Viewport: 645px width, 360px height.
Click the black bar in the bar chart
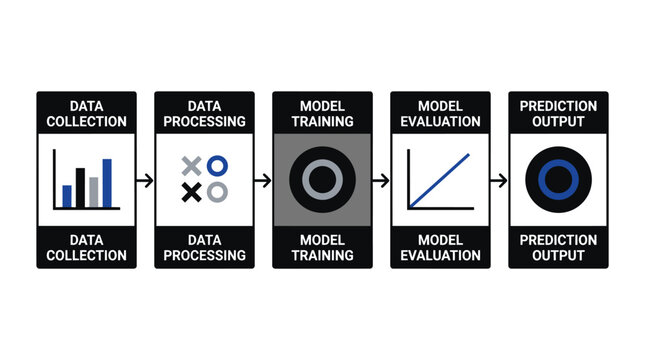81,187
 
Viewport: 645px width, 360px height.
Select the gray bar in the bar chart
94,192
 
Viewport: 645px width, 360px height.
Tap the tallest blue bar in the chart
107,182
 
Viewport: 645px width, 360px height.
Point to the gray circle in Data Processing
217,191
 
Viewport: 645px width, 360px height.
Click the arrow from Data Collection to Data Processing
145,180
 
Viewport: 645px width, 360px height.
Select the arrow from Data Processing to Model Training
263,180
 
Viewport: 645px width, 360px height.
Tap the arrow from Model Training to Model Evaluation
381,180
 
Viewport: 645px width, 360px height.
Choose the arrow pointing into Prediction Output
499,180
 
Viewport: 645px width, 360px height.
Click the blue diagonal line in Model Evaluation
441,178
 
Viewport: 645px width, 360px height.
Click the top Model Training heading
322,113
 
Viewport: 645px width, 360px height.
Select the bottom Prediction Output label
558,247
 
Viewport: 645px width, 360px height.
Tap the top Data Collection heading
86,113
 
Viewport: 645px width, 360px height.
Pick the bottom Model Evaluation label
440,247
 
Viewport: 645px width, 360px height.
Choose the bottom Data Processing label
204,247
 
